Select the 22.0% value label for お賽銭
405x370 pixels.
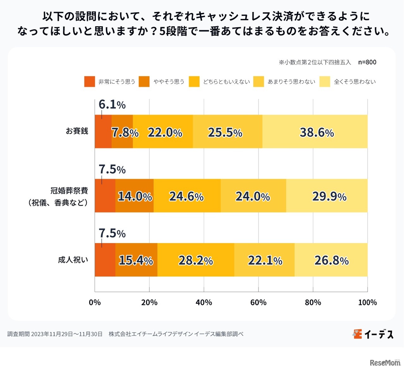[165, 132]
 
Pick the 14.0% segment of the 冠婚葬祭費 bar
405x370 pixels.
[135, 196]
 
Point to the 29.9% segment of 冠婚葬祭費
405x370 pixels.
[329, 196]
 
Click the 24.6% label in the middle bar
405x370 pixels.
[186, 196]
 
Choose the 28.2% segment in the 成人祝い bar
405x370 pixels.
[196, 260]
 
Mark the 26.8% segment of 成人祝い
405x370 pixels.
[331, 260]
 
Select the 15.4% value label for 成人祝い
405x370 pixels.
[136, 260]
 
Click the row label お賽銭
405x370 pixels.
[77, 131]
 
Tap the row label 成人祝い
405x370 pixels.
[73, 260]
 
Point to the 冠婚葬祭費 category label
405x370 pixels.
[69, 191]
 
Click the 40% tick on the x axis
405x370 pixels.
[204, 302]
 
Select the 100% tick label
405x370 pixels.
[367, 302]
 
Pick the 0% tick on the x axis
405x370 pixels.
[95, 302]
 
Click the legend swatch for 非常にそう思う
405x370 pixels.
[90, 82]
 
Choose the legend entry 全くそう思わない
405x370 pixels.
[355, 82]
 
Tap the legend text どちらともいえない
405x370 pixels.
[226, 82]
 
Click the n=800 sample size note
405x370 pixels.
[367, 62]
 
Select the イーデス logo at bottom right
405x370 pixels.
[373, 334]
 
